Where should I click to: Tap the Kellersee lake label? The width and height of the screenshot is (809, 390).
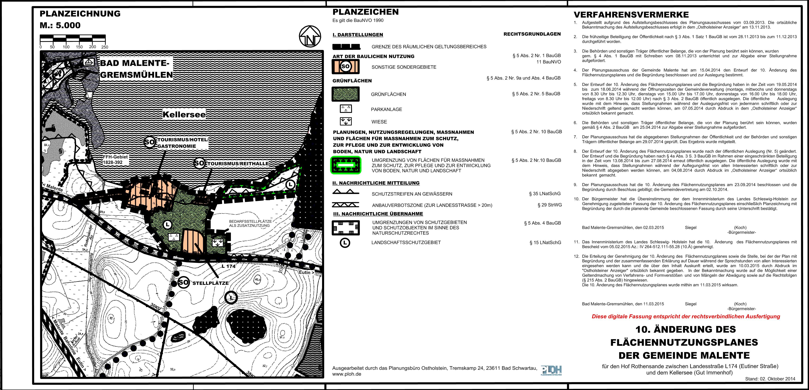coord(184,114)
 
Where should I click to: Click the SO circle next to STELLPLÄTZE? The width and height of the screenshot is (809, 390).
coord(183,282)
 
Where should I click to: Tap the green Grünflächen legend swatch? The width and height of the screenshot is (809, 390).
coord(346,94)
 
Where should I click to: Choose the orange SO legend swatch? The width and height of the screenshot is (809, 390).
coord(346,66)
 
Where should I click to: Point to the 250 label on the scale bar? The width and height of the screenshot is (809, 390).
coord(105,47)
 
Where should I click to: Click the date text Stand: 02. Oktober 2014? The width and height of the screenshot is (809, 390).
coord(770,379)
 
